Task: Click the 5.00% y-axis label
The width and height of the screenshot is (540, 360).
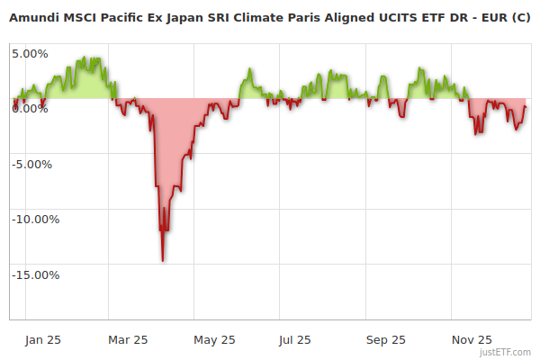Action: [30, 53]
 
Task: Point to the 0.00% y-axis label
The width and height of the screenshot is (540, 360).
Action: [30, 109]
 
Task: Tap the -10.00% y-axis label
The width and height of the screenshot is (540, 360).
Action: [34, 220]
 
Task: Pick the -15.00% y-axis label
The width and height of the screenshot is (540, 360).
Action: [34, 275]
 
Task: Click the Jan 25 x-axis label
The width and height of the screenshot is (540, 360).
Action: [43, 340]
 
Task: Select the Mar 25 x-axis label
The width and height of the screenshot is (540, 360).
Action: [127, 340]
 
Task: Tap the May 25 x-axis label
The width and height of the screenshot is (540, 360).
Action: [214, 340]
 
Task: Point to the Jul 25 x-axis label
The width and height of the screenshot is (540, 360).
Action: [294, 340]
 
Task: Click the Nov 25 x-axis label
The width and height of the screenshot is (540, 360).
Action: [472, 340]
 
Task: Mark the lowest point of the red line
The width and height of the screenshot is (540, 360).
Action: [163, 261]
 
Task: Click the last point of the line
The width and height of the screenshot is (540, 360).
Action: [526, 107]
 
